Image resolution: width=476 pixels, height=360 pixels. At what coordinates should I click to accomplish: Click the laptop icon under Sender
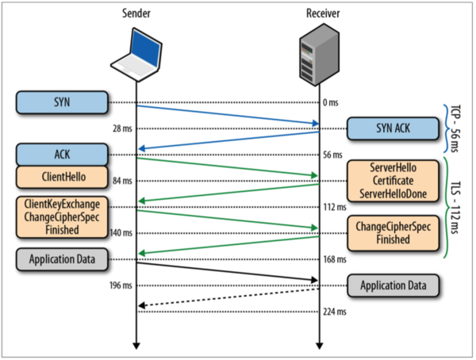[x=136, y=56]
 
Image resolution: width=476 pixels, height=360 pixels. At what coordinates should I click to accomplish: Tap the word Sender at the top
[x=136, y=12]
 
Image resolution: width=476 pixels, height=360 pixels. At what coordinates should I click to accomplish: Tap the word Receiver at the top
[x=318, y=12]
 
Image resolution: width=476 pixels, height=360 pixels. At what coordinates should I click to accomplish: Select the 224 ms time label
[x=334, y=311]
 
